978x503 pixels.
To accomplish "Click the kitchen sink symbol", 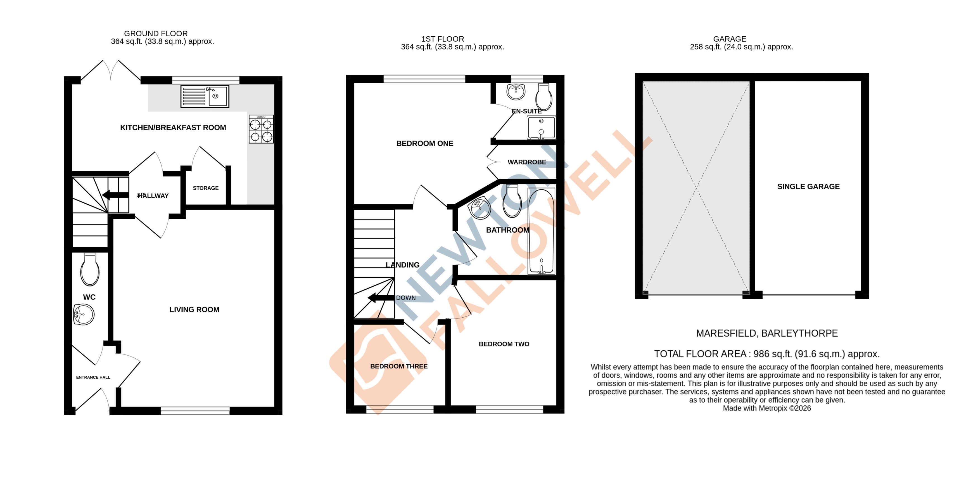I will [205, 96].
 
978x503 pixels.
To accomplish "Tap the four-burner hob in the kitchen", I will [261, 129].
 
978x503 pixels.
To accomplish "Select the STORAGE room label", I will [205, 188].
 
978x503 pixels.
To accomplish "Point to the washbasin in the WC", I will [84, 315].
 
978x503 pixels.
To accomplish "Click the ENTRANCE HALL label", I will [93, 377].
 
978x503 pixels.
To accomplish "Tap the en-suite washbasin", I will [516, 91].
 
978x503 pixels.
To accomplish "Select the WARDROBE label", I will [527, 162].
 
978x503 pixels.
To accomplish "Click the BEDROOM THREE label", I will [399, 366].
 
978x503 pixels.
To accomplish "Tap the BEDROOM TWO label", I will [504, 344].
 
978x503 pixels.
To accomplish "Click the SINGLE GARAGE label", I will [808, 186].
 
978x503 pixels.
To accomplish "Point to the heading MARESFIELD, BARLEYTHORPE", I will [766, 333].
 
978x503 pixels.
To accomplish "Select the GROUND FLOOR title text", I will [156, 34].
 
